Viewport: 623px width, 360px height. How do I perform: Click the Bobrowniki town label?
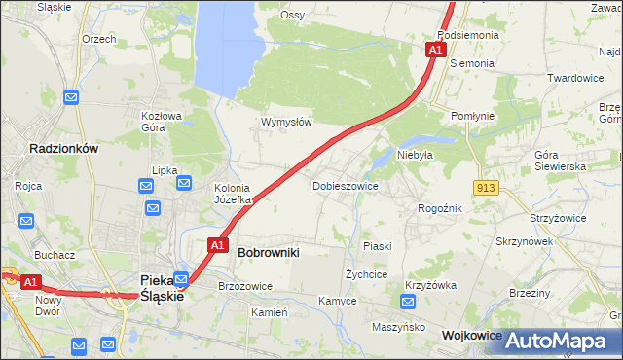tap(268, 252)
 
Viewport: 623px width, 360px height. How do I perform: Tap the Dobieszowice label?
tap(345, 185)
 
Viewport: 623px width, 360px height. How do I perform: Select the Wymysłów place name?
tap(286, 122)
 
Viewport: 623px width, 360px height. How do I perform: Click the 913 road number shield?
tap(488, 186)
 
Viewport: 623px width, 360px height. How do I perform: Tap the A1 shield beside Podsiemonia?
tap(435, 49)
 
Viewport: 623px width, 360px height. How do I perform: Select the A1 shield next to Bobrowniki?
tap(217, 245)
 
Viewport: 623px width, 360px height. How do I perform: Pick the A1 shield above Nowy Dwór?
tap(30, 282)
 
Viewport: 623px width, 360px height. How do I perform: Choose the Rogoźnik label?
tap(439, 208)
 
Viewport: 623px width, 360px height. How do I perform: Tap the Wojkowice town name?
tap(471, 335)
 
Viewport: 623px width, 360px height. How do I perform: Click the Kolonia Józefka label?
tap(233, 194)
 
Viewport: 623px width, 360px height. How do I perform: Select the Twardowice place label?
tap(575, 78)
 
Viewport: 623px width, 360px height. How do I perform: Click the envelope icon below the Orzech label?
tap(71, 96)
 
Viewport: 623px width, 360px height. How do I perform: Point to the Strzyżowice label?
tap(558, 218)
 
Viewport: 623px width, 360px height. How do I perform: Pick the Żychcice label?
tap(367, 274)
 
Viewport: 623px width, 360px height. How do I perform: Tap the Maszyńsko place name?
tap(399, 327)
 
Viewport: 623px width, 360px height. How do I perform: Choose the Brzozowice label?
tap(245, 286)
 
